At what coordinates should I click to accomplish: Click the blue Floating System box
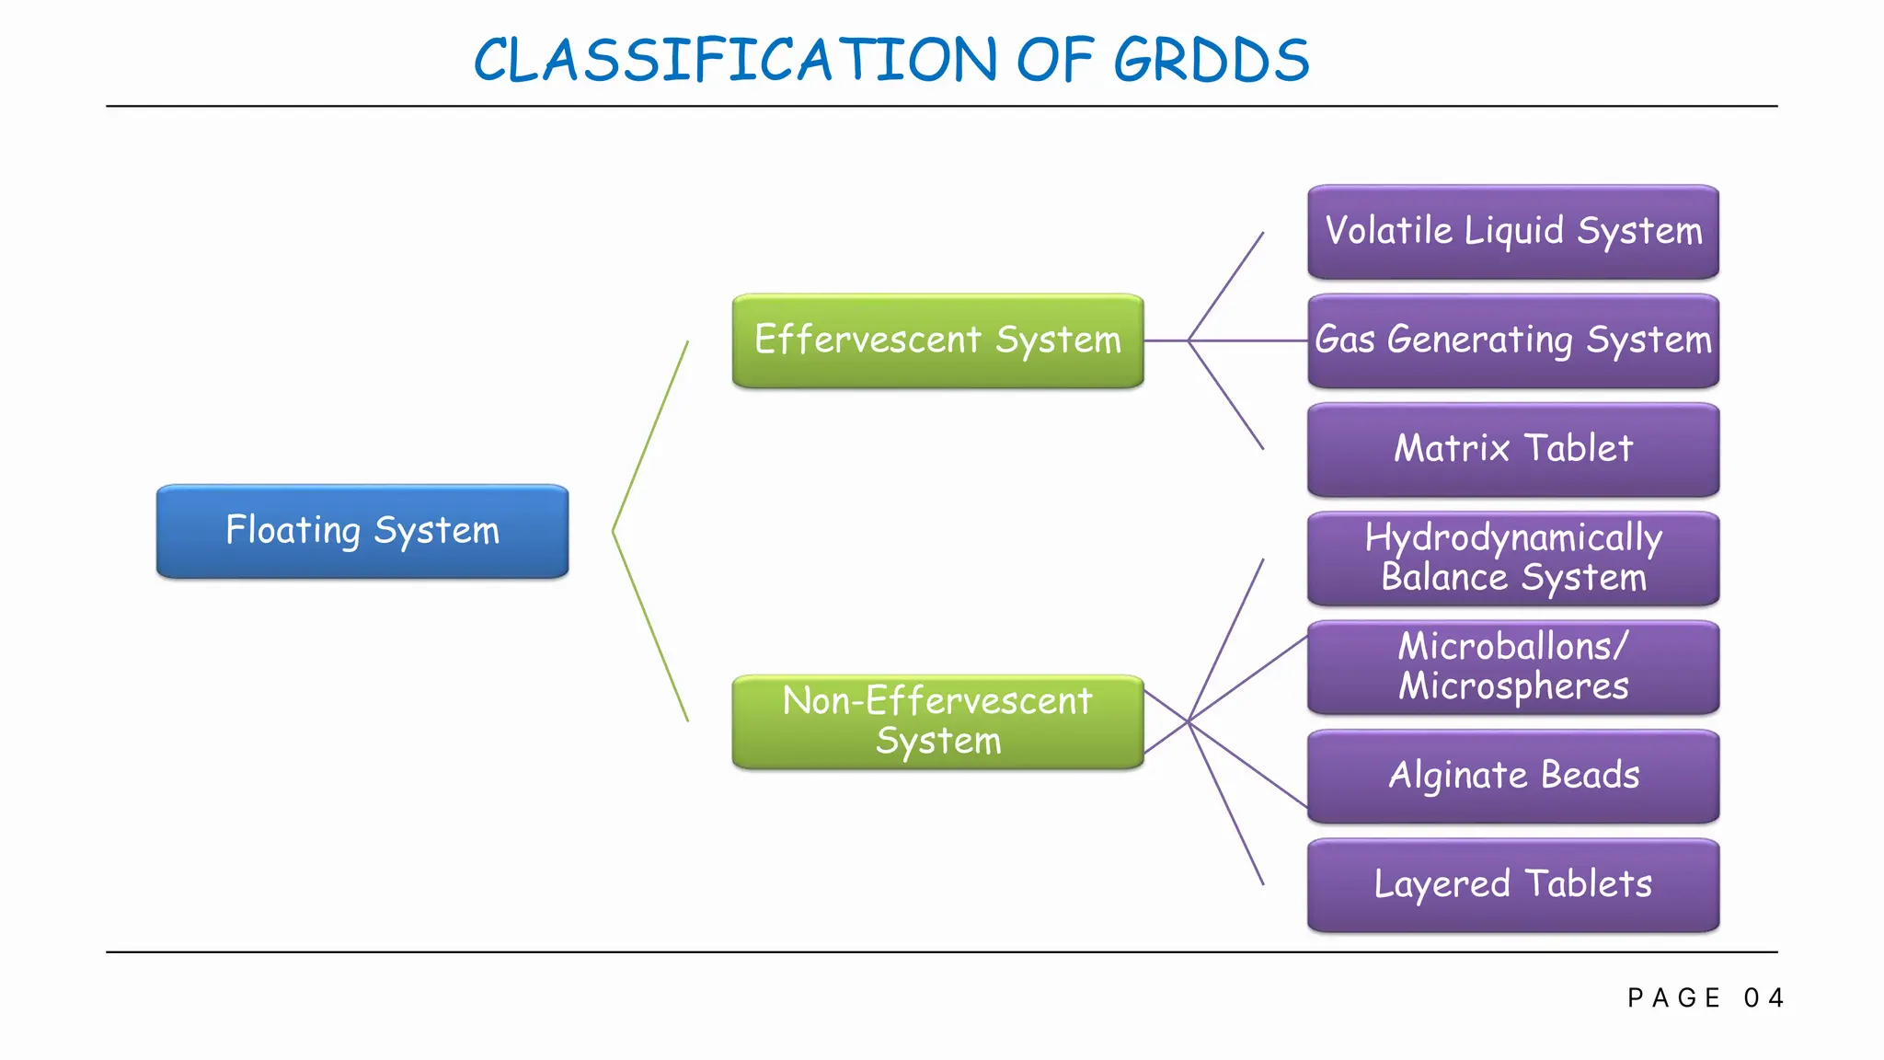(x=362, y=532)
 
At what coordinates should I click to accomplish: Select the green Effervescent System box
(x=937, y=340)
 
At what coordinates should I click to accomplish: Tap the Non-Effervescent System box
(x=937, y=722)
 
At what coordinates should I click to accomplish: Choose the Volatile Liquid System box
(x=1513, y=232)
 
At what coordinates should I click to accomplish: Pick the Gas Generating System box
(x=1513, y=340)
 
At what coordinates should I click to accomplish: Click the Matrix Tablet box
(x=1513, y=450)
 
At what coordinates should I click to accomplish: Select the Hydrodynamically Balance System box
(x=1513, y=559)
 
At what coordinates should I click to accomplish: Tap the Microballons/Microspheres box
(x=1513, y=667)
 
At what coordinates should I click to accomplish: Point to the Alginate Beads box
(x=1513, y=776)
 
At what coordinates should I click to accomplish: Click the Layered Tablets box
(x=1513, y=885)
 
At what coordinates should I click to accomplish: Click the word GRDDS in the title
(x=1211, y=61)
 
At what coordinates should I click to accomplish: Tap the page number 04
(x=1763, y=998)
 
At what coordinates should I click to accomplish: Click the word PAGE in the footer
(x=1674, y=998)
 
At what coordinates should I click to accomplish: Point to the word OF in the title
(x=1054, y=61)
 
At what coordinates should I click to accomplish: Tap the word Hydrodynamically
(x=1513, y=538)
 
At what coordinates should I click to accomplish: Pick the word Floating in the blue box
(x=293, y=531)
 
